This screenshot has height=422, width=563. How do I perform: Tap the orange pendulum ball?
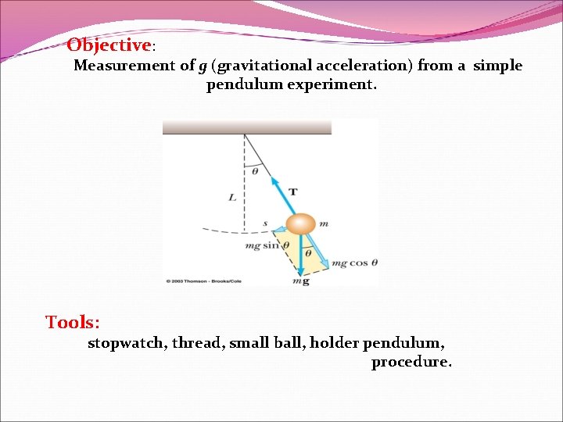pos(299,225)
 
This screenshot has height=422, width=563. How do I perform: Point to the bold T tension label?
pos(292,191)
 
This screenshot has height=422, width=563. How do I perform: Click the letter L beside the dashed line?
pos(232,198)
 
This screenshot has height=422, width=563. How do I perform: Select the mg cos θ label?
pos(354,263)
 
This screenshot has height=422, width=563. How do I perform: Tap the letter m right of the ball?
pos(323,224)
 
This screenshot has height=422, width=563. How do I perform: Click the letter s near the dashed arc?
pos(265,224)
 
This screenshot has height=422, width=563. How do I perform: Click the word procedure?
pos(411,362)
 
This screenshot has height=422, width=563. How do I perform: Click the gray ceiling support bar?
pos(246,127)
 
